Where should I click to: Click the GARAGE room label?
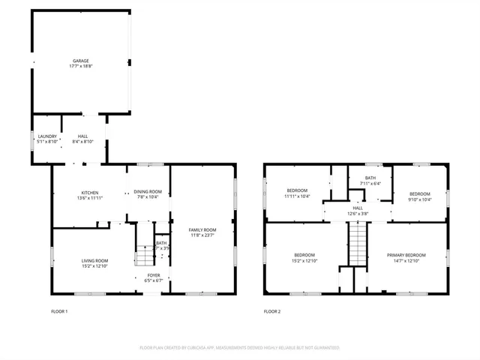[x=81, y=61]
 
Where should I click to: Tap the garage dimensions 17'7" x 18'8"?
[x=81, y=66]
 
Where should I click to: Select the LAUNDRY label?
[x=47, y=136]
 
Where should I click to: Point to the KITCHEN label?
[x=89, y=193]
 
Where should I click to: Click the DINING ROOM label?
[x=148, y=192]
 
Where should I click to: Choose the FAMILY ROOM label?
[x=202, y=229]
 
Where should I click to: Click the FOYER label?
[x=154, y=275]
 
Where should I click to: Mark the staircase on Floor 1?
[x=144, y=256]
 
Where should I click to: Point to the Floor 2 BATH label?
[x=370, y=178]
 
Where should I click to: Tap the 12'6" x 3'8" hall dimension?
[x=358, y=214]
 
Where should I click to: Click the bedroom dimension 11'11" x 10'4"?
[x=297, y=196]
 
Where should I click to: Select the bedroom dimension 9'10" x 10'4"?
[x=420, y=199]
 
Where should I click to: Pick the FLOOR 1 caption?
[x=59, y=311]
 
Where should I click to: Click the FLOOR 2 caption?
[x=271, y=311]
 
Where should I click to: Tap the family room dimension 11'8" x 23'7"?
[x=202, y=235]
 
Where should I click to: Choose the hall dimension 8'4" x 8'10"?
[x=82, y=141]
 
